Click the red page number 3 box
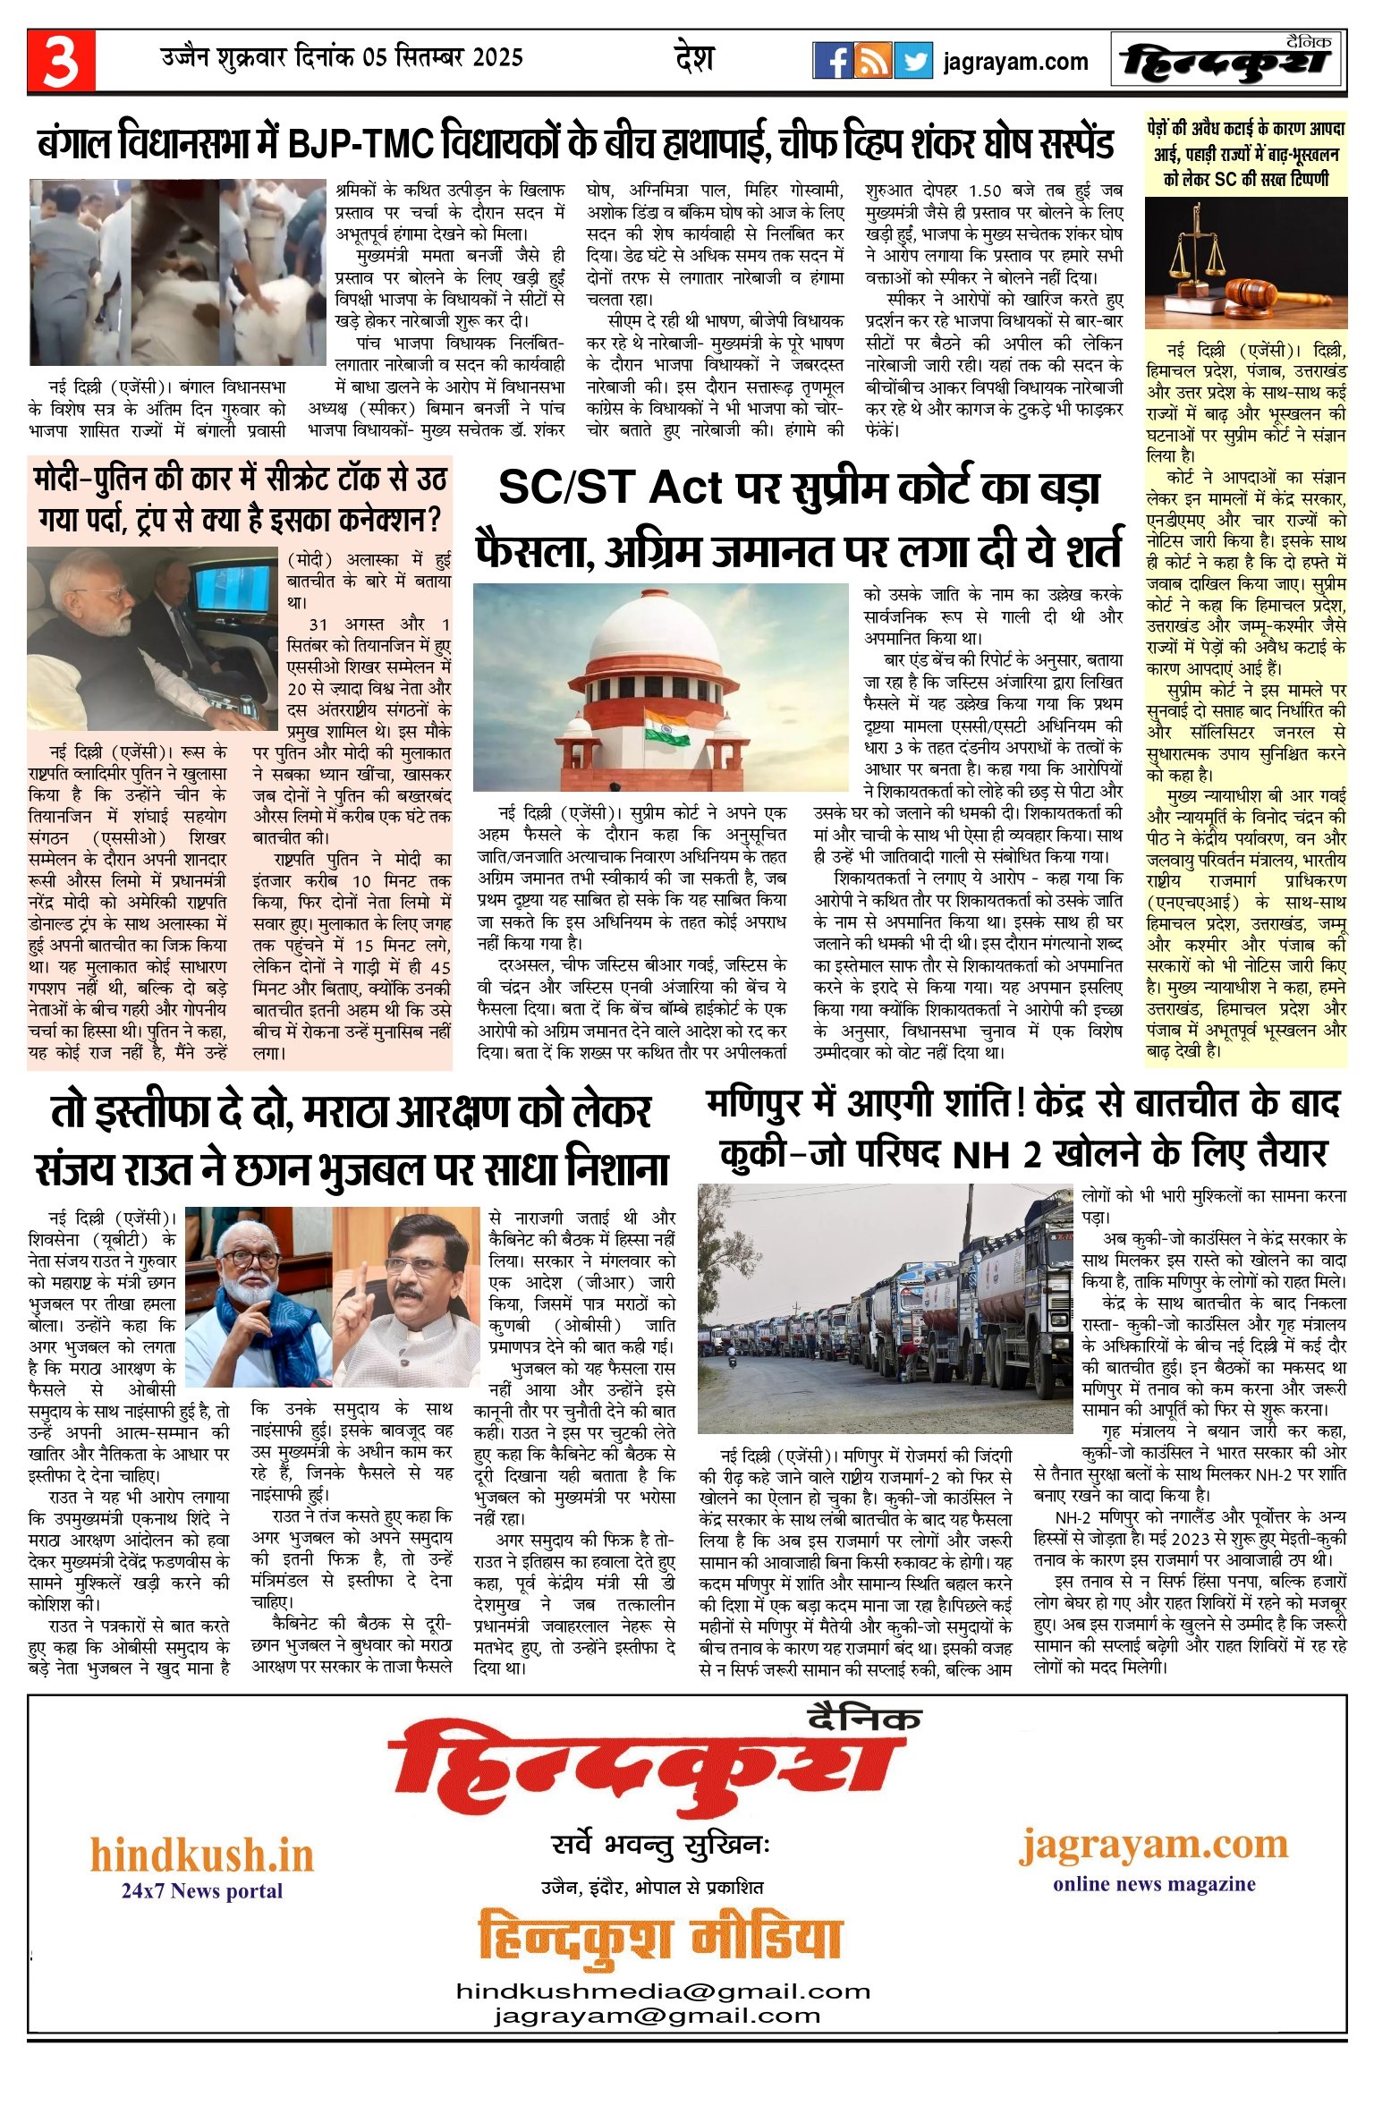pos(61,61)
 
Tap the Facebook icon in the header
pos(832,61)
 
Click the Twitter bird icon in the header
pos(913,61)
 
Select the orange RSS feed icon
pos(872,61)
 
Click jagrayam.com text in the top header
pos(1015,62)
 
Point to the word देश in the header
pos(694,59)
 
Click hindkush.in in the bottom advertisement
pos(202,1855)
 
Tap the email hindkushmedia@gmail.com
pos(663,1991)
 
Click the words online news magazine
pos(1154,1883)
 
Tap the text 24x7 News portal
pos(202,1890)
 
